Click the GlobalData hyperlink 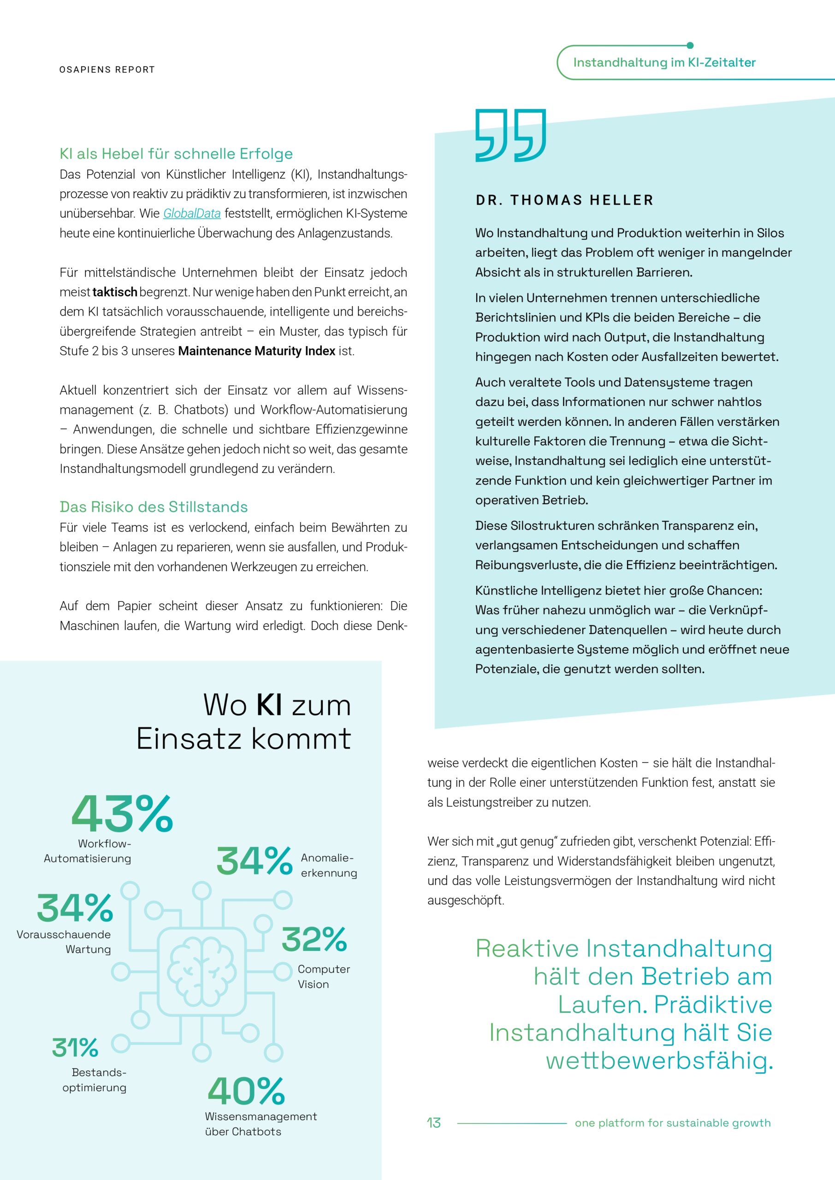click(x=192, y=213)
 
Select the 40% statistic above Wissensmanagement click(x=246, y=1091)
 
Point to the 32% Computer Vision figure click(x=314, y=939)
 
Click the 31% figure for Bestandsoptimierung click(x=75, y=1047)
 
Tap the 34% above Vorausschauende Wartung click(x=75, y=908)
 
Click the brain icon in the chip click(x=201, y=971)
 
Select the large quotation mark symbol click(x=510, y=135)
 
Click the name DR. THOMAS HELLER click(x=564, y=200)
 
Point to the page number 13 click(x=433, y=1123)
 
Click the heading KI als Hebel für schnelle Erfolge click(x=176, y=153)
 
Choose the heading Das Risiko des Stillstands click(x=153, y=507)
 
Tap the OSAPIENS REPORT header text click(x=107, y=70)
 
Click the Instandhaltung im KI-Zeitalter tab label click(x=664, y=62)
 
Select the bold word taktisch click(x=115, y=292)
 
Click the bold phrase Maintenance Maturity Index click(x=256, y=351)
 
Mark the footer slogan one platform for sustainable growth click(x=673, y=1123)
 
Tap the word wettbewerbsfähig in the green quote click(x=659, y=1060)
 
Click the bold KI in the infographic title click(x=269, y=705)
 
